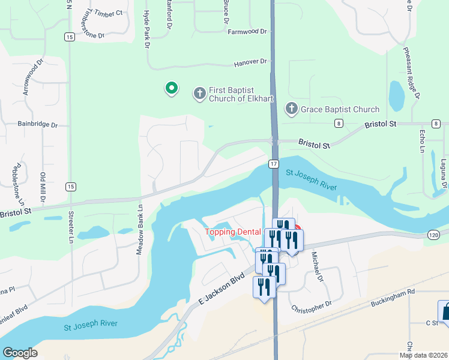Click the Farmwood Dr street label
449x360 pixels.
(246, 31)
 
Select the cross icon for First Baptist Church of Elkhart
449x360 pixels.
(199, 94)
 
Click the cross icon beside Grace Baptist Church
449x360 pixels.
(291, 109)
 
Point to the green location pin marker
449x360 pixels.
(171, 89)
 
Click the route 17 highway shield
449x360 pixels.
(274, 163)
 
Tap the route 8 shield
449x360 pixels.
(339, 123)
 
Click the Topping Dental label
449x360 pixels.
(233, 232)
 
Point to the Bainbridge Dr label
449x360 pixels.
(37, 125)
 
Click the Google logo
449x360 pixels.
(20, 353)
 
